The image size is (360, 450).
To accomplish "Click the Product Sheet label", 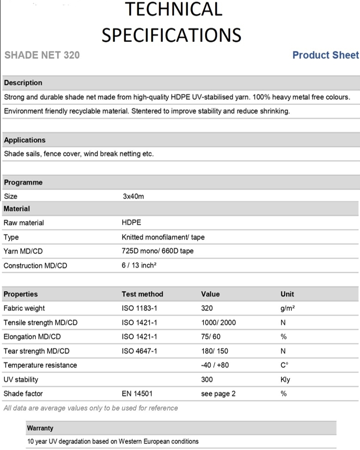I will pos(325,55).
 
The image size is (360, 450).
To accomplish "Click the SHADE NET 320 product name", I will pos(42,55).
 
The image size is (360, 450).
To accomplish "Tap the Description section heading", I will pos(23,83).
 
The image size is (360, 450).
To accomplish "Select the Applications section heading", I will pos(25,140).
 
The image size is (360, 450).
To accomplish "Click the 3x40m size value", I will pos(133,196).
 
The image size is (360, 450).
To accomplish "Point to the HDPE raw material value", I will pos(131,223).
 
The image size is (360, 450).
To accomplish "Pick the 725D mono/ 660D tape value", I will pos(157,251).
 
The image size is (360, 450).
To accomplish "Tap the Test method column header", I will pos(142,294).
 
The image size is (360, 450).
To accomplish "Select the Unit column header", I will pos(287,294).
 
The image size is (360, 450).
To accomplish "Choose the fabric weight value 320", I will pos(207,308).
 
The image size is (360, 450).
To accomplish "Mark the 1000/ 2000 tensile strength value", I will pos(218,323).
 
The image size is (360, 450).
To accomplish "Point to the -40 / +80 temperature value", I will pos(215,365).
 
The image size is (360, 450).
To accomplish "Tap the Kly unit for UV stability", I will pos(285,379).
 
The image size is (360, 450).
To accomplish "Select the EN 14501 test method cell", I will pos(137,394).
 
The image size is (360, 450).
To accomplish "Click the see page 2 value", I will pos(218,394).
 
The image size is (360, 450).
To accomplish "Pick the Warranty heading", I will pos(40,428).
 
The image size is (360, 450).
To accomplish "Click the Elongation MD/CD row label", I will pos(32,337).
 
